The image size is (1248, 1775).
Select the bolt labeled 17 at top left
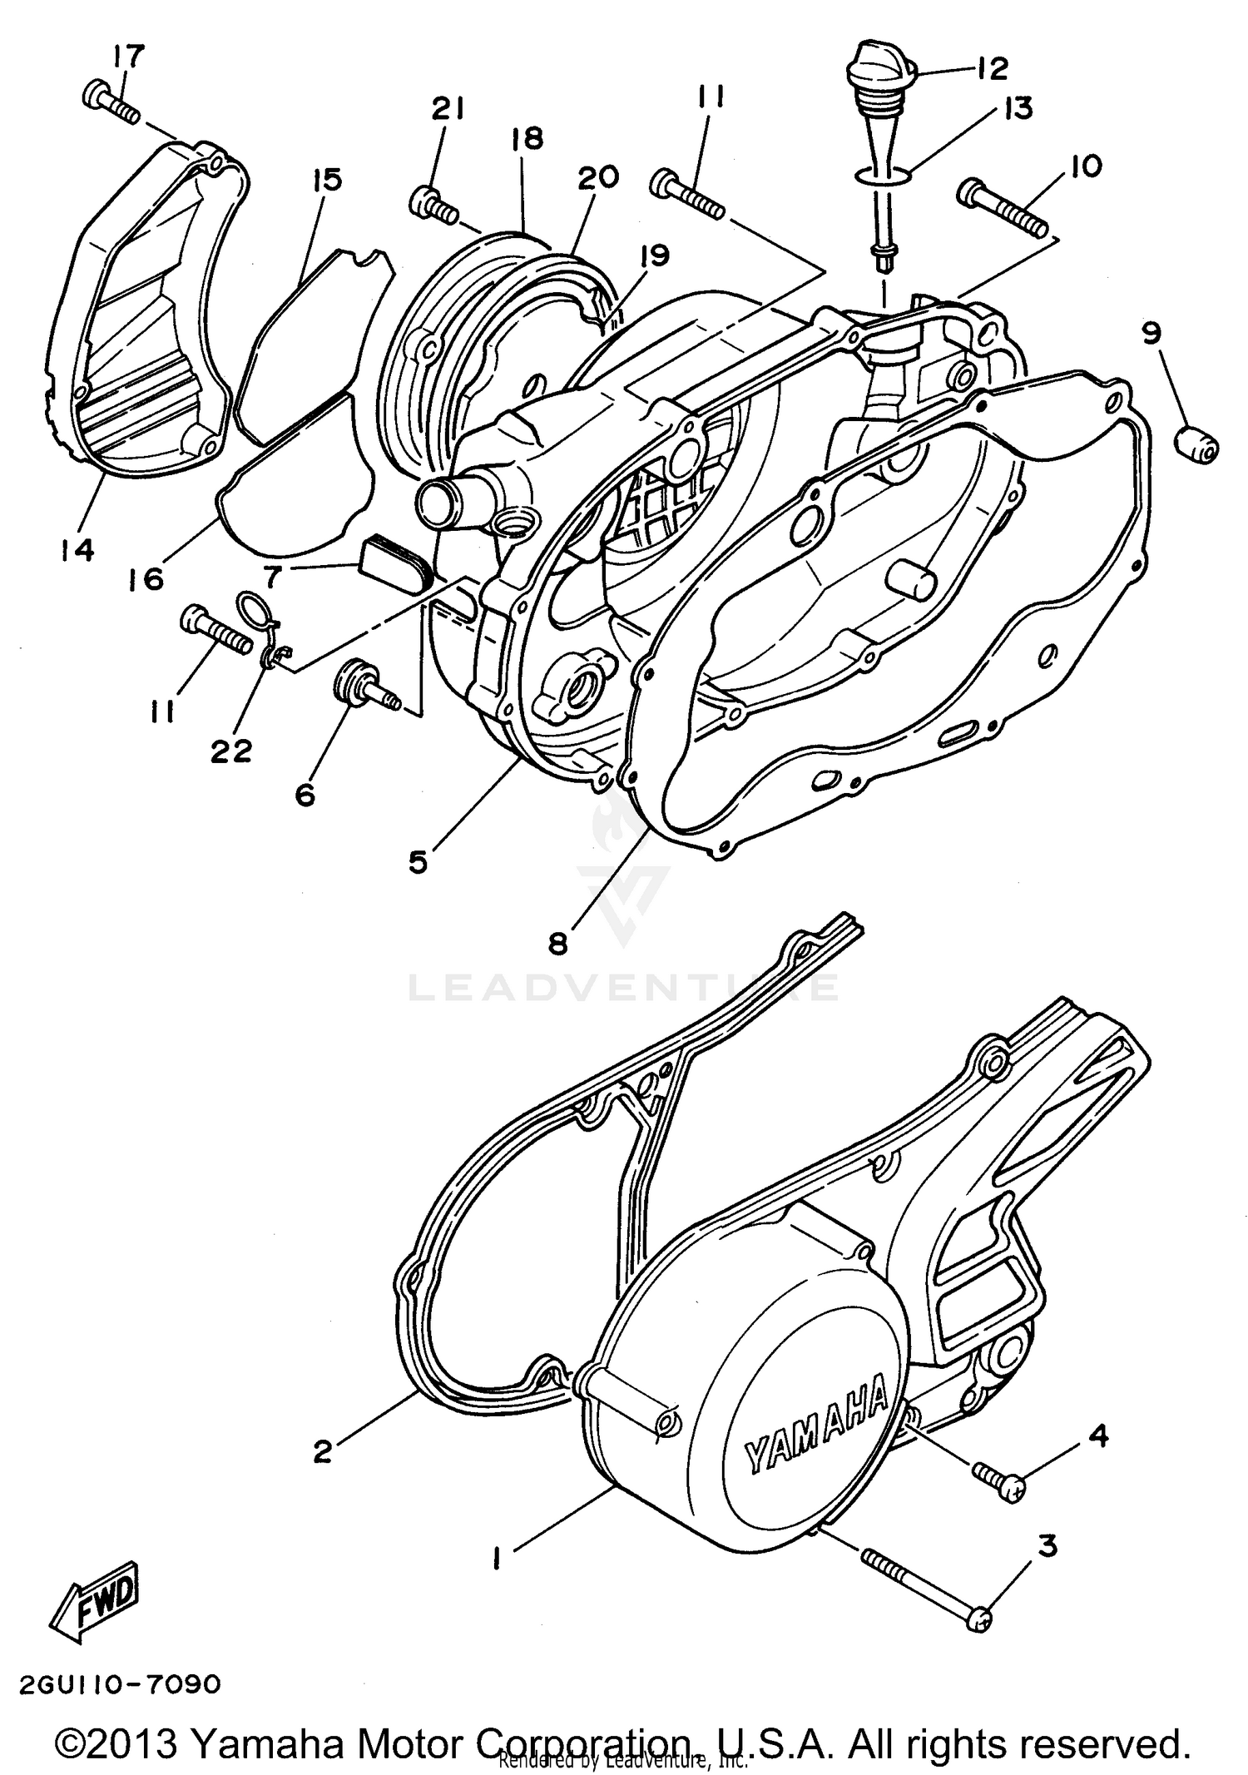[109, 102]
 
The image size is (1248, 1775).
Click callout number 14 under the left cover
[77, 550]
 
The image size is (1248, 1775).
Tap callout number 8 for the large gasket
[557, 943]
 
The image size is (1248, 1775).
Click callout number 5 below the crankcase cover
[418, 862]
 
